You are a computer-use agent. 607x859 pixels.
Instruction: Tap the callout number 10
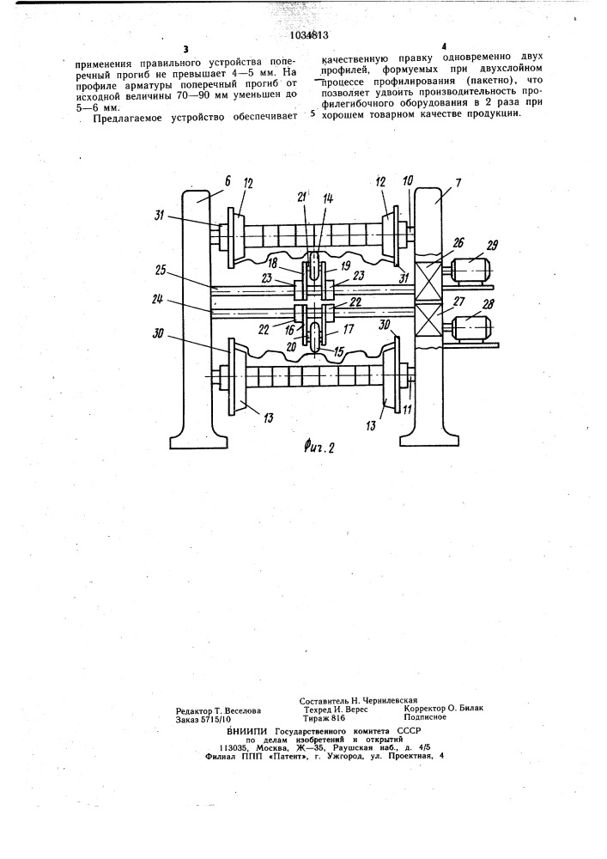click(x=409, y=182)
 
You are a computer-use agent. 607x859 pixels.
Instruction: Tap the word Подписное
click(x=425, y=716)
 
